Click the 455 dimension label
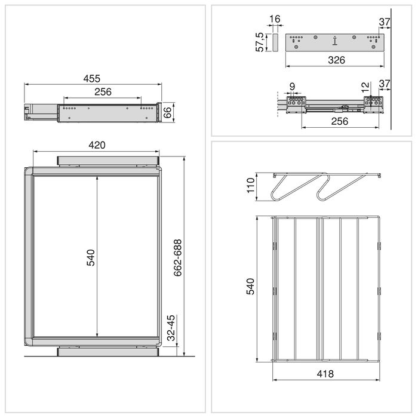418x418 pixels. point(91,78)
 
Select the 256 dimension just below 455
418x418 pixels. point(103,92)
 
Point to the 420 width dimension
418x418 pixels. point(97,145)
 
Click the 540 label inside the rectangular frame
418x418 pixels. point(91,257)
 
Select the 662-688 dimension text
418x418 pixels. point(177,257)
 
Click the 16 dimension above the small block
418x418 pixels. point(274,20)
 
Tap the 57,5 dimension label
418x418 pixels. point(260,42)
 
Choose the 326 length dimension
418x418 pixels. point(334,60)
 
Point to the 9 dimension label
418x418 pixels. point(291,87)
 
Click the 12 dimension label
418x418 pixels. point(366,87)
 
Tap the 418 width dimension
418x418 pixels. point(325,373)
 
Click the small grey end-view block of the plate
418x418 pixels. point(274,42)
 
